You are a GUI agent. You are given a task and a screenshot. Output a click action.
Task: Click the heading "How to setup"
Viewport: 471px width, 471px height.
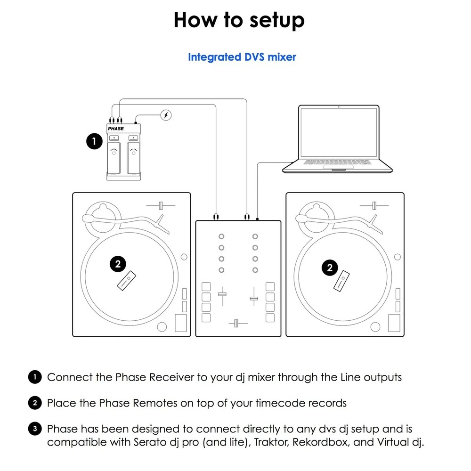click(239, 20)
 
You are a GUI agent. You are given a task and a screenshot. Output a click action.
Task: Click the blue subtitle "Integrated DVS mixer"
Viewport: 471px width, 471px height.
click(242, 57)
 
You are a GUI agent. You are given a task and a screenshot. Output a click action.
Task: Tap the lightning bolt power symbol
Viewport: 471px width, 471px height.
click(166, 115)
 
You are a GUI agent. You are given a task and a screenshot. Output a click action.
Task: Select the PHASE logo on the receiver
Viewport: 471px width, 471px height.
click(116, 128)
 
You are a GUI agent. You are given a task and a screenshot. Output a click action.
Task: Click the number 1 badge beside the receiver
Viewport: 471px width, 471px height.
click(94, 141)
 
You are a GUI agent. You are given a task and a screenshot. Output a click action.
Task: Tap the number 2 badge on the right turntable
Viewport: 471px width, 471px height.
click(330, 268)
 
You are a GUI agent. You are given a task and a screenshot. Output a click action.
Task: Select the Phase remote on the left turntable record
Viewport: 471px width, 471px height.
click(126, 282)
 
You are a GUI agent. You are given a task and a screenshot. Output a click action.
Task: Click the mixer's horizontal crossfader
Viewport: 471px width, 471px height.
click(238, 323)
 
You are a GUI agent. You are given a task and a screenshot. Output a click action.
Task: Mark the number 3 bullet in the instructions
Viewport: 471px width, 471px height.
click(34, 429)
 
